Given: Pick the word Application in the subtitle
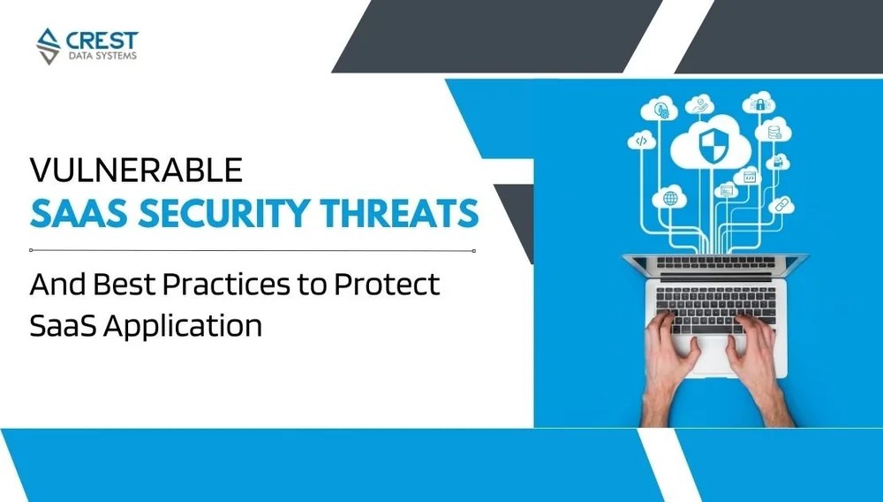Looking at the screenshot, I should (x=184, y=324).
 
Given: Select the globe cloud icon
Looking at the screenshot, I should (x=669, y=198).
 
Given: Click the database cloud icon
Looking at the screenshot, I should (x=774, y=132).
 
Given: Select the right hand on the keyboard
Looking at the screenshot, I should (x=767, y=362).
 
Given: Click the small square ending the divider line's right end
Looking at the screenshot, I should (x=474, y=251).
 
